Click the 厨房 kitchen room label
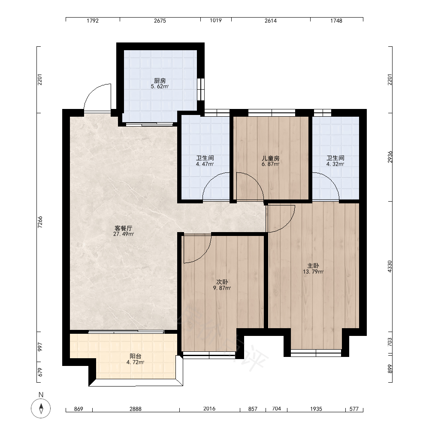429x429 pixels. (160, 81)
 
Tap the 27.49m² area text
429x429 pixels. (124, 234)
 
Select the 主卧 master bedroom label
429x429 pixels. (313, 266)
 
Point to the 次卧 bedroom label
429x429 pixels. (222, 282)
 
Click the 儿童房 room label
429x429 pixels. (271, 158)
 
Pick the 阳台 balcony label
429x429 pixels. (136, 356)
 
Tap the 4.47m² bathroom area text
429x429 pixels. (205, 164)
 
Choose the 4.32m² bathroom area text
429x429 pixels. (335, 164)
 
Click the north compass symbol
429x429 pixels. (41, 408)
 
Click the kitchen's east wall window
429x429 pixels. (201, 89)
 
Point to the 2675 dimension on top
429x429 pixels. (160, 21)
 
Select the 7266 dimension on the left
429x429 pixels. (40, 222)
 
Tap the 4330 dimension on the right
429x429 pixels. (390, 266)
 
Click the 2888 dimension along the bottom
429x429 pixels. (136, 409)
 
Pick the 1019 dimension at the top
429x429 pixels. (216, 21)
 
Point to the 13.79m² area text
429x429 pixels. (313, 272)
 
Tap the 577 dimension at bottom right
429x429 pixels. (354, 409)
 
